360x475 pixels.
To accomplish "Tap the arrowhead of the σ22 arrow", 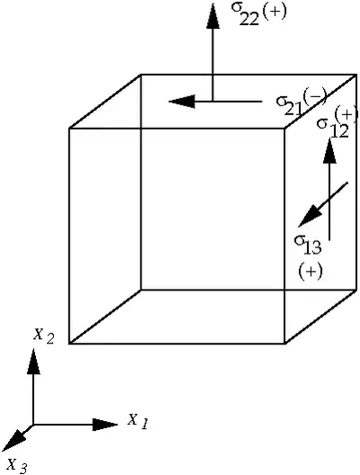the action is (x=212, y=16).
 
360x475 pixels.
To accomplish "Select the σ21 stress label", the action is (x=289, y=105).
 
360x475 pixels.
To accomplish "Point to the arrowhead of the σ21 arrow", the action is (x=182, y=101).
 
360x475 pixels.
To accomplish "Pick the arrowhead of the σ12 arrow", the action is (x=329, y=150).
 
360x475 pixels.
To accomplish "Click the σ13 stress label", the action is (x=308, y=245).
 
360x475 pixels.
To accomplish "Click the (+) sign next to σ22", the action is (x=274, y=13).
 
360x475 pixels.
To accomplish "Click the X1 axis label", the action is (x=138, y=421).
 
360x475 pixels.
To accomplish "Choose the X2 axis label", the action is (x=44, y=336).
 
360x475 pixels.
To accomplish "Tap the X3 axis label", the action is (x=17, y=465).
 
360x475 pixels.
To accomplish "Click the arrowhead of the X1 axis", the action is (x=104, y=425).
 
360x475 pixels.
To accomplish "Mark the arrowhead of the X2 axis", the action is (x=33, y=361).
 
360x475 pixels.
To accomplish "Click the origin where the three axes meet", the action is (x=33, y=425).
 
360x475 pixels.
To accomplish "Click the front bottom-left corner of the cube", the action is (x=69, y=344).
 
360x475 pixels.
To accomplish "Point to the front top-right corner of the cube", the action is (x=284, y=129).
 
